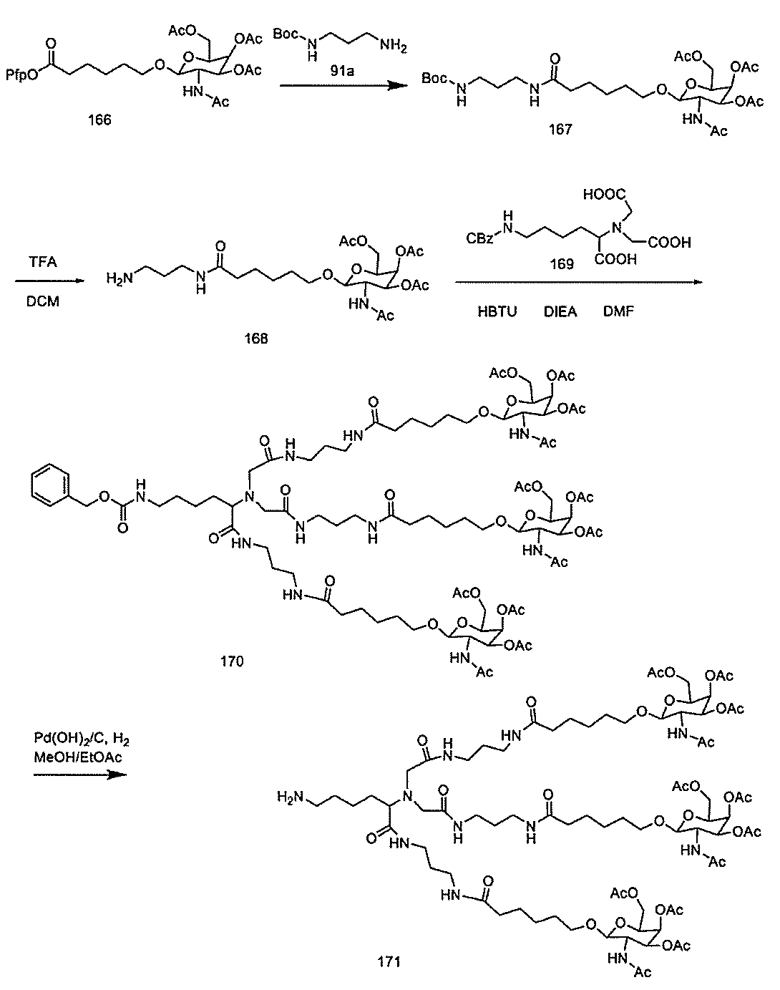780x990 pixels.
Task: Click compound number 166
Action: [99, 120]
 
